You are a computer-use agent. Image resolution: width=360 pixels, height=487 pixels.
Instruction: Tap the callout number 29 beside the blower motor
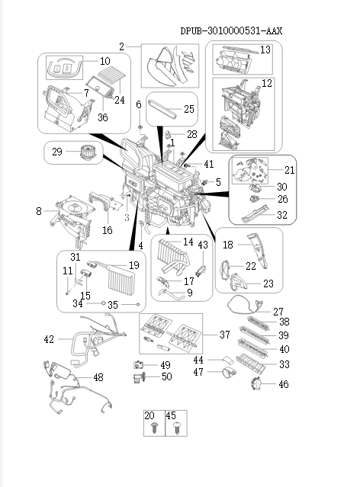(x=56, y=152)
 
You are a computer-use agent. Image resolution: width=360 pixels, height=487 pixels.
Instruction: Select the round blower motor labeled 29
(x=83, y=152)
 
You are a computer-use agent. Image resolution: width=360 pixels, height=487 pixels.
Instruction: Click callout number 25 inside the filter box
(x=188, y=110)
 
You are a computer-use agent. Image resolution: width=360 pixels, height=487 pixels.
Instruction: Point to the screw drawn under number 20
(x=150, y=431)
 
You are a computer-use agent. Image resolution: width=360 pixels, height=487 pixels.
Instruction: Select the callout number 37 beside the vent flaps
(x=223, y=335)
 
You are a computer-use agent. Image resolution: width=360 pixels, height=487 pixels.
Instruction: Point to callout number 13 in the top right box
(x=265, y=50)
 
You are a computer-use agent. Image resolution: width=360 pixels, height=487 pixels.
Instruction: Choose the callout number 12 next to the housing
(x=267, y=82)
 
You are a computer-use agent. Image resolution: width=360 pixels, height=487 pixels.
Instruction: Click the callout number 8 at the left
(x=39, y=211)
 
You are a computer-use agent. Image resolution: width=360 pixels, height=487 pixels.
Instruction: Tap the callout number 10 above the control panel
(x=104, y=60)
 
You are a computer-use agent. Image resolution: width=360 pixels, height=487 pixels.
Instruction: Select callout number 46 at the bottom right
(x=284, y=385)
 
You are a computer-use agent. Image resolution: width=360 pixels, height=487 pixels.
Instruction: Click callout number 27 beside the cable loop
(x=278, y=311)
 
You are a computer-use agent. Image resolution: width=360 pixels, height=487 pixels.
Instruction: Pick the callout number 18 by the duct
(x=227, y=245)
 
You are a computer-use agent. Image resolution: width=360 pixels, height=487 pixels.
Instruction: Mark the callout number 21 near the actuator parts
(x=289, y=169)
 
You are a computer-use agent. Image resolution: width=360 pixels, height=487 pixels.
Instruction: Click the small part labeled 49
(x=140, y=364)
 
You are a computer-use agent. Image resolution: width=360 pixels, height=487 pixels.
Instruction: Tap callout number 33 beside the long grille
(x=284, y=364)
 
